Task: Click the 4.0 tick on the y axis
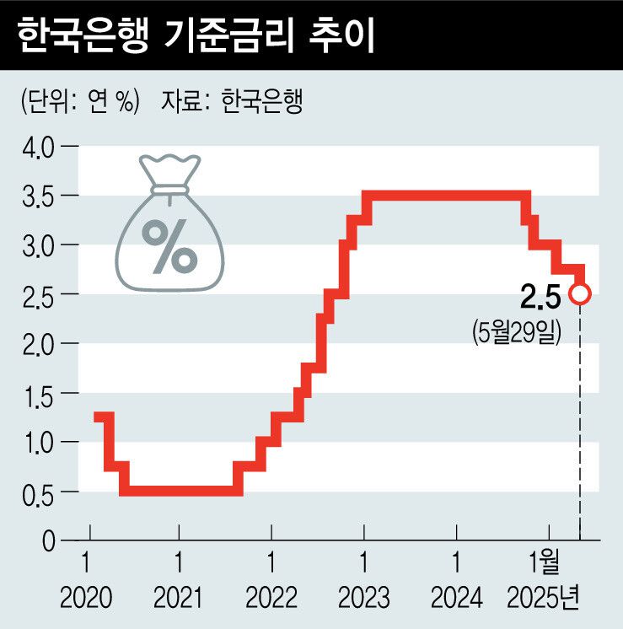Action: (x=36, y=148)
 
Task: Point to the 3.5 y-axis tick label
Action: (x=36, y=196)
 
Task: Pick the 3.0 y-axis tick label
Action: (x=36, y=245)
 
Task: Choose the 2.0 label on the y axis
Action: (x=36, y=344)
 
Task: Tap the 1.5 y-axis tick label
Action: (x=36, y=393)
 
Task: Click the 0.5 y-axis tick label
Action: (x=36, y=492)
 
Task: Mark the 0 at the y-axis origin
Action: (x=47, y=540)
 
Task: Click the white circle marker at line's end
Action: (x=580, y=293)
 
